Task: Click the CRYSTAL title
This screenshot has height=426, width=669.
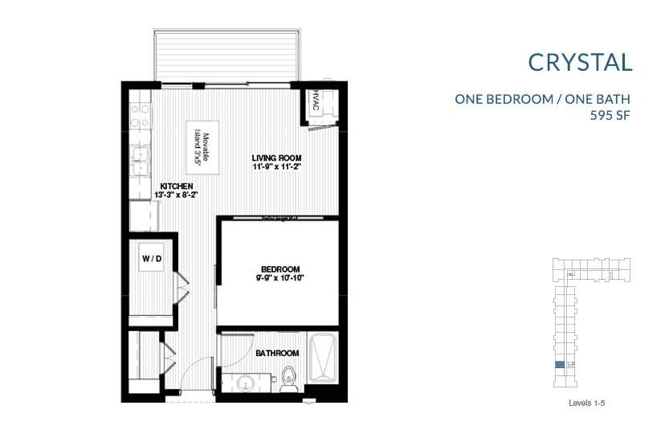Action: point(581,62)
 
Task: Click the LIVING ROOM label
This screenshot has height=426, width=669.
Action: point(276,158)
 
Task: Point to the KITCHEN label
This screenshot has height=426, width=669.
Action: point(176,186)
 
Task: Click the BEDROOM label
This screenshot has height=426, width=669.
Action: point(280,268)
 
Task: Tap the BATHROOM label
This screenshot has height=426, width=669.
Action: point(277,353)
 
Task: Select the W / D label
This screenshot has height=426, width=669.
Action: point(153,258)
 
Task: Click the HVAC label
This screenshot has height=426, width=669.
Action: point(316,102)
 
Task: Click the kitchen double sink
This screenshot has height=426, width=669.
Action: point(141,161)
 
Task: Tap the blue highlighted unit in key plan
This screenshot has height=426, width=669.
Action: point(560,365)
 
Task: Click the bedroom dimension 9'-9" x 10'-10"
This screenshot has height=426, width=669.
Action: point(280,278)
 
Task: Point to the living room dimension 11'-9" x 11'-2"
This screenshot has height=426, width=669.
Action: point(276,167)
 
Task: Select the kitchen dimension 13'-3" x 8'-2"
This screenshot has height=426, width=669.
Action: point(176,195)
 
